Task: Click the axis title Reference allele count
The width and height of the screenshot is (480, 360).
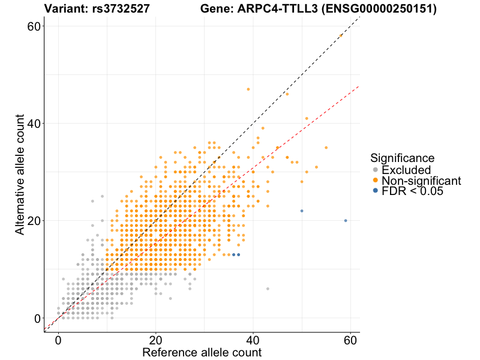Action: pyautogui.click(x=202, y=352)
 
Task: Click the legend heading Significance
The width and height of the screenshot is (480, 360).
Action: pyautogui.click(x=402, y=158)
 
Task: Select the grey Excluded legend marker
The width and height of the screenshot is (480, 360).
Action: pyautogui.click(x=376, y=170)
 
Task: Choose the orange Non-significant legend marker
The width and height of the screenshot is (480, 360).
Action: pyautogui.click(x=376, y=180)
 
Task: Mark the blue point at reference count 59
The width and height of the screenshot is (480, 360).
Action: pyautogui.click(x=346, y=221)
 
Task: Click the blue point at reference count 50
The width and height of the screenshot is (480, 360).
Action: pyautogui.click(x=302, y=211)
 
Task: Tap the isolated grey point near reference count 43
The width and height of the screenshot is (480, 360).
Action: pyautogui.click(x=268, y=289)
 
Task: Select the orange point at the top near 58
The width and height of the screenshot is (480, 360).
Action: pyautogui.click(x=340, y=36)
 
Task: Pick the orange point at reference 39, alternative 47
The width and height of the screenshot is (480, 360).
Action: pyautogui.click(x=248, y=89)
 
